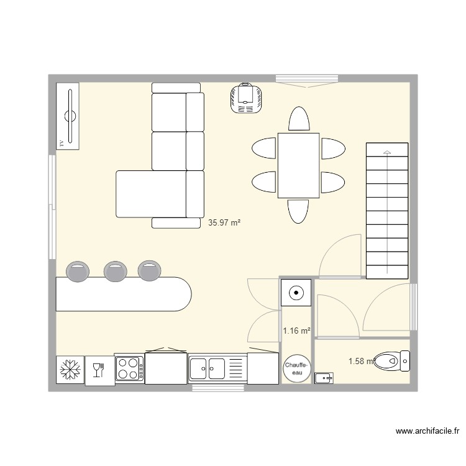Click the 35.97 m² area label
[x=224, y=222]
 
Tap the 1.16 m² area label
[x=296, y=331]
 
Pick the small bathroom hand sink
[x=324, y=377]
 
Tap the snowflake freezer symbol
[x=69, y=370]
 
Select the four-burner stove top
[x=129, y=367]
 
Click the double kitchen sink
[x=209, y=367]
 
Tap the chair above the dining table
[x=298, y=119]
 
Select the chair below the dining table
[x=298, y=211]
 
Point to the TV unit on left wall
[x=69, y=116]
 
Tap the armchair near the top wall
[x=247, y=98]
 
